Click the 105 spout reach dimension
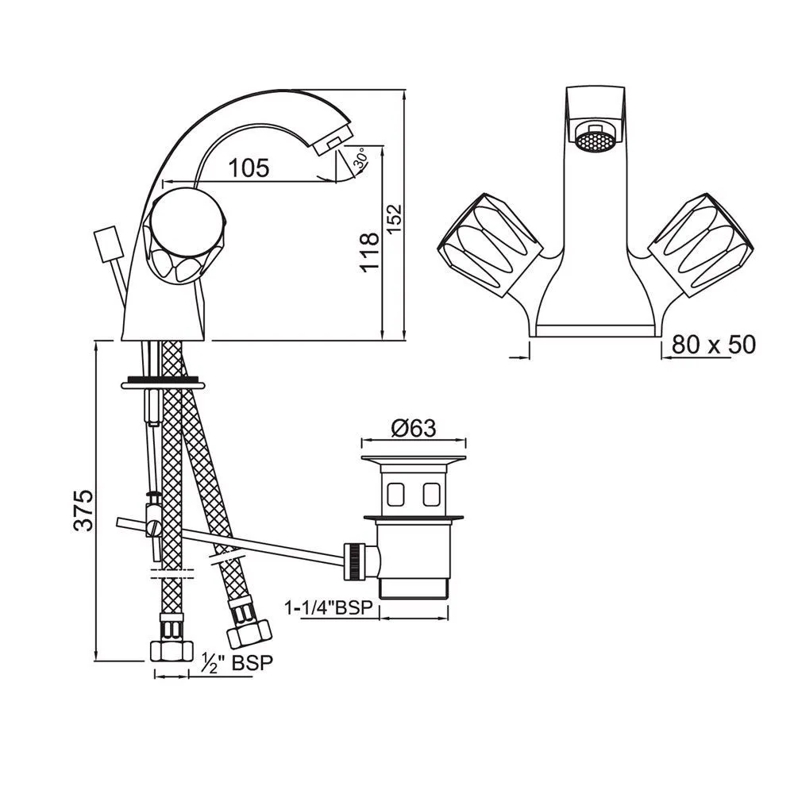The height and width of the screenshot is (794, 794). (249, 168)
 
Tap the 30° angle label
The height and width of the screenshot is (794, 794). (361, 159)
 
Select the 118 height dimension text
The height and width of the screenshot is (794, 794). (370, 252)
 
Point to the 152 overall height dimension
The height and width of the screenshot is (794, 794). (395, 218)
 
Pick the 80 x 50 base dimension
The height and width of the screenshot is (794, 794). (714, 345)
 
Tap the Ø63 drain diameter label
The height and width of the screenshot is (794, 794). (413, 429)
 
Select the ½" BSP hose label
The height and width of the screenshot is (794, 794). (237, 662)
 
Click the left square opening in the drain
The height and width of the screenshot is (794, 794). (395, 494)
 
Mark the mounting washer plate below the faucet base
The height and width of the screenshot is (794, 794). (164, 384)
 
